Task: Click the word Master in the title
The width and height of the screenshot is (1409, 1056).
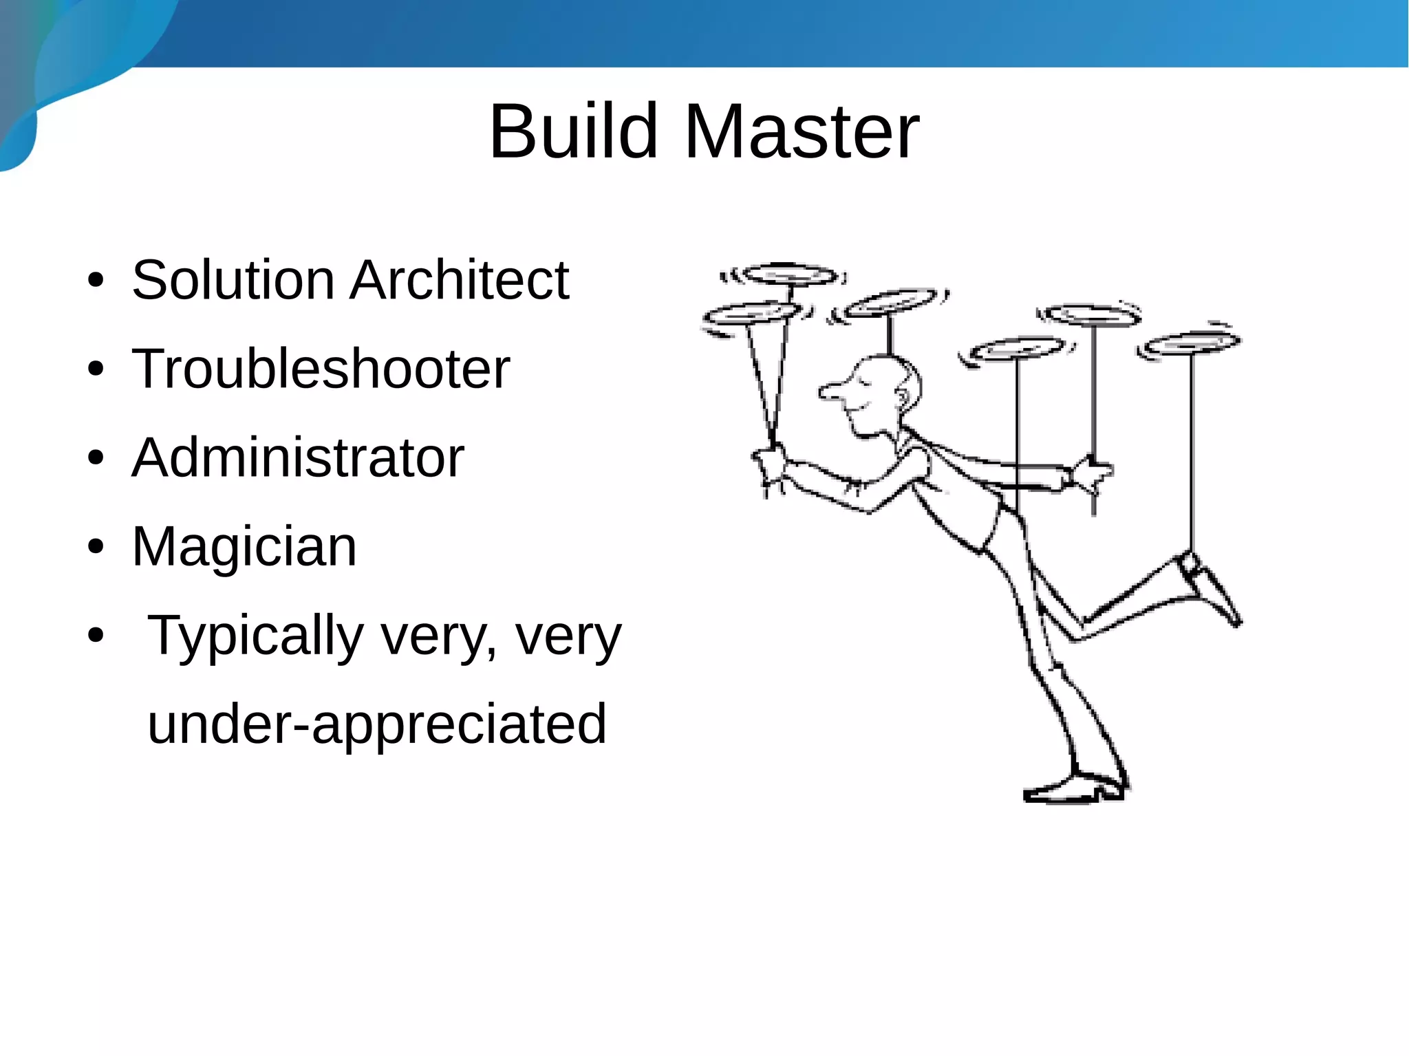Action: click(x=802, y=131)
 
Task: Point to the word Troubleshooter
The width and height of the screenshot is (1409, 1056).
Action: click(x=321, y=369)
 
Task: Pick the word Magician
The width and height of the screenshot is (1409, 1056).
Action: click(x=244, y=546)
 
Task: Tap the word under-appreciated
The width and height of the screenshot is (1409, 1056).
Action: click(x=377, y=724)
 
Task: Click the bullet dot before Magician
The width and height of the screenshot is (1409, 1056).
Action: click(x=96, y=548)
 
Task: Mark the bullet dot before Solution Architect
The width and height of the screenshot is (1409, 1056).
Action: click(x=96, y=281)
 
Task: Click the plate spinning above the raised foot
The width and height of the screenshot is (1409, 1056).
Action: click(x=1191, y=343)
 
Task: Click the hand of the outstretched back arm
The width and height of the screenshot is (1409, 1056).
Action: click(x=1090, y=473)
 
